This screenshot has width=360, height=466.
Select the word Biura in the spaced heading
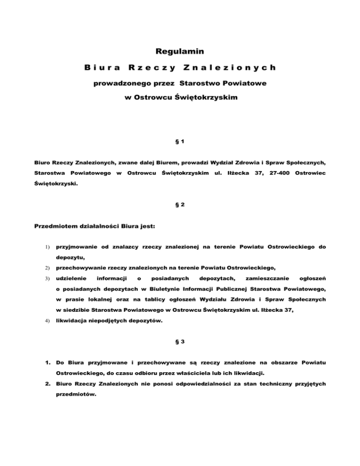102,68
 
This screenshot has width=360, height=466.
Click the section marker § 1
180,141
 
